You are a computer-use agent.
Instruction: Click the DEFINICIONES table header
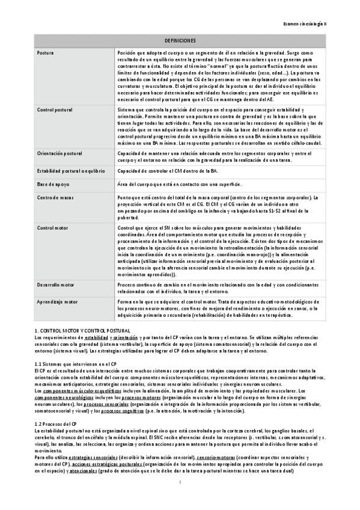point(178,40)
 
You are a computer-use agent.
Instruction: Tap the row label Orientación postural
point(59,154)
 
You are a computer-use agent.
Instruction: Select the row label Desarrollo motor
point(56,284)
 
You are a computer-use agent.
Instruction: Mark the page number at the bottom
point(180,499)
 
